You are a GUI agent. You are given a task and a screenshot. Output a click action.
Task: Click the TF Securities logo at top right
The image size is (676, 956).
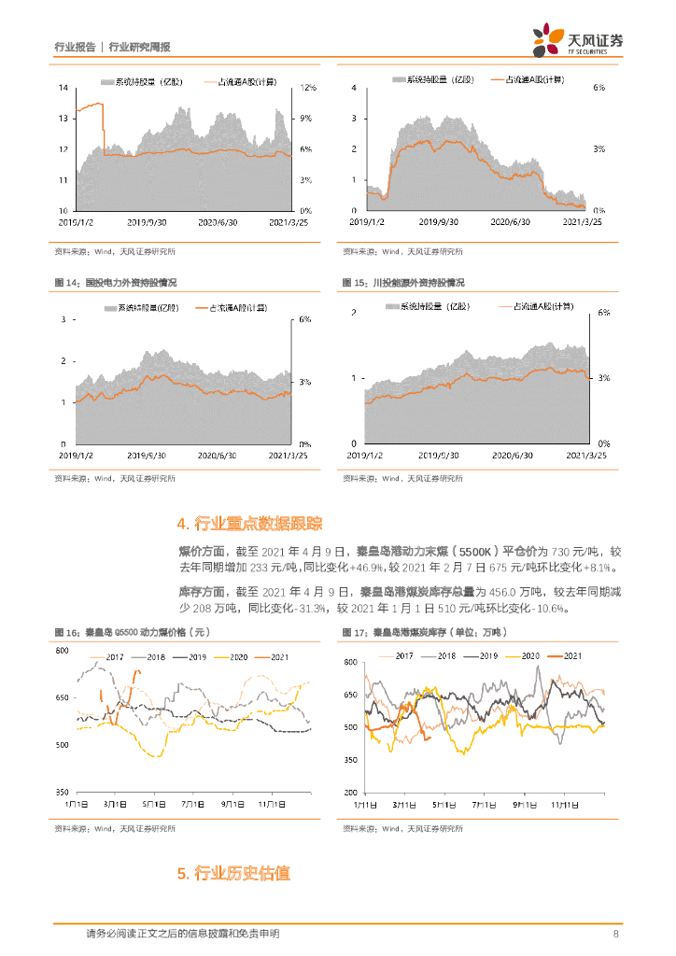coord(578,39)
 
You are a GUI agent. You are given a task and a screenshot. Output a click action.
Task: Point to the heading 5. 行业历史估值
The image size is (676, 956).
coord(233,874)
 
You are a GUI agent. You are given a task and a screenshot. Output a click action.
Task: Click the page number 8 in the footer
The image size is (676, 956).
coord(616,934)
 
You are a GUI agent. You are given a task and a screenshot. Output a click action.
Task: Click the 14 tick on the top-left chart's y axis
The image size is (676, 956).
coord(63,88)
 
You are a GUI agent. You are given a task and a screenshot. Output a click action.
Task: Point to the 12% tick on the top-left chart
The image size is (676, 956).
coord(308,88)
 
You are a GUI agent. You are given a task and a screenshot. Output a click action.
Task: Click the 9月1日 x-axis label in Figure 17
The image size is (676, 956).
coord(524,803)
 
